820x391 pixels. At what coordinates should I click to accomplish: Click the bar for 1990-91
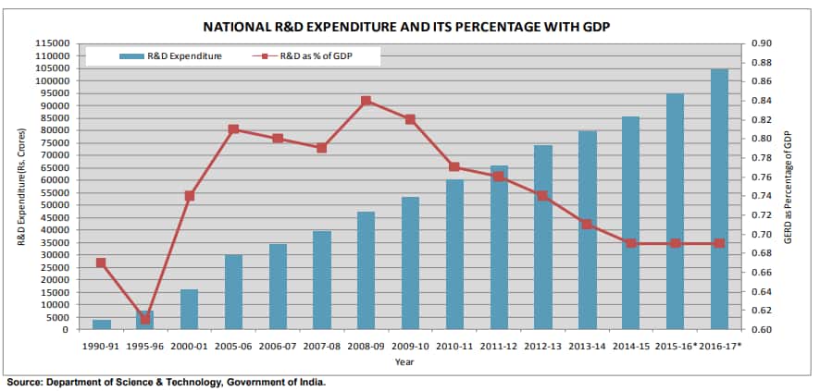[x=101, y=324]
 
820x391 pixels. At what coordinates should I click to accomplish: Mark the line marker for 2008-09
[x=367, y=101]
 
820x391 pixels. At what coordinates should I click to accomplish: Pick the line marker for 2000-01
[x=190, y=196]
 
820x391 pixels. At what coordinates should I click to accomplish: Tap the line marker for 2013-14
[x=587, y=224]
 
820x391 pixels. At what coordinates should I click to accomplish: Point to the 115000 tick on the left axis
[x=55, y=43]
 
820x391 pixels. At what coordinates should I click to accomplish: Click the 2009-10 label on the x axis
[x=410, y=346]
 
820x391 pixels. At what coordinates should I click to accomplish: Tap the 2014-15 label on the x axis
[x=630, y=346]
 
